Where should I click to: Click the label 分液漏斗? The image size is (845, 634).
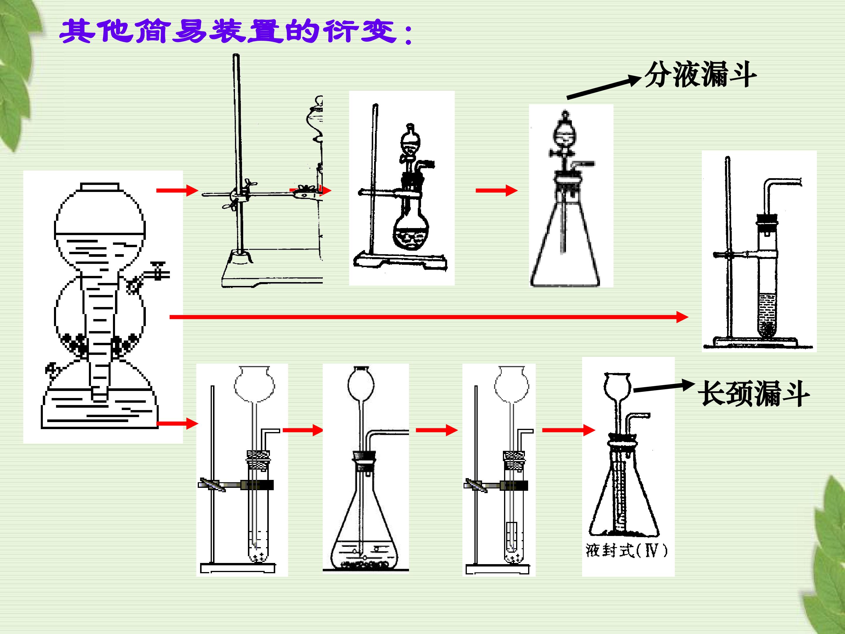coord(700,75)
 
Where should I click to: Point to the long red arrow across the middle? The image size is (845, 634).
coord(429,317)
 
